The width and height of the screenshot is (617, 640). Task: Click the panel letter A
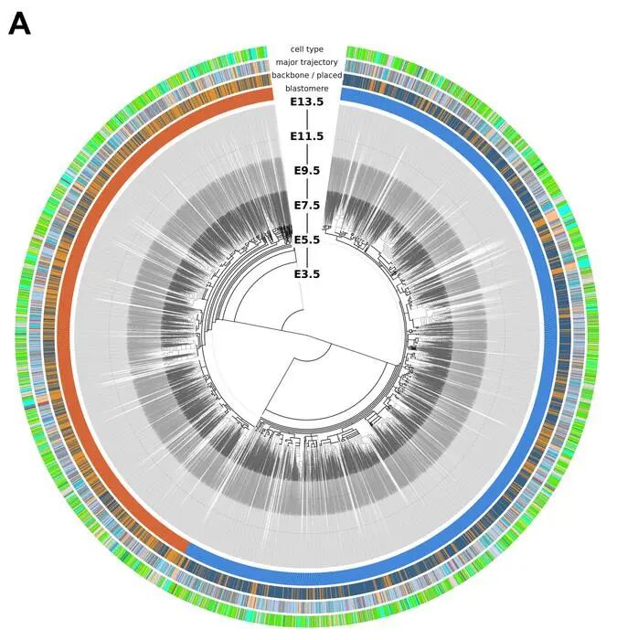click(x=19, y=24)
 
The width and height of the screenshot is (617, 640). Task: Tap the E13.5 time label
click(x=307, y=101)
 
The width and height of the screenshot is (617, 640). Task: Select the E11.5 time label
click(x=307, y=136)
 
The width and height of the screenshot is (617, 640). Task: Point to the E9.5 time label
click(x=307, y=171)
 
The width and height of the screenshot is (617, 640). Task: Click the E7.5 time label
click(x=307, y=206)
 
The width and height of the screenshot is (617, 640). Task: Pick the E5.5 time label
click(x=307, y=240)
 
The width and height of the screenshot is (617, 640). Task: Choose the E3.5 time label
click(x=307, y=274)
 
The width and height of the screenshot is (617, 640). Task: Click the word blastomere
click(x=307, y=89)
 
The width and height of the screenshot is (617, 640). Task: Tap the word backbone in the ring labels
click(x=288, y=76)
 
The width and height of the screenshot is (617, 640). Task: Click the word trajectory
click(x=318, y=62)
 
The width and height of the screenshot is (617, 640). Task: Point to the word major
click(x=285, y=62)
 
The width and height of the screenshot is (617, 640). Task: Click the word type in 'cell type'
click(x=315, y=49)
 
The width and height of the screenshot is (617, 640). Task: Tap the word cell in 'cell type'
click(x=297, y=49)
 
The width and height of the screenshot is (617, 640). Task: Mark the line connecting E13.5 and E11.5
click(x=307, y=119)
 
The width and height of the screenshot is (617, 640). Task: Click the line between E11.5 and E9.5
click(x=307, y=154)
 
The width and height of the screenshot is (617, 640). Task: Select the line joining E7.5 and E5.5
click(x=307, y=222)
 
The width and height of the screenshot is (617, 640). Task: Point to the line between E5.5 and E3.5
click(x=307, y=257)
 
